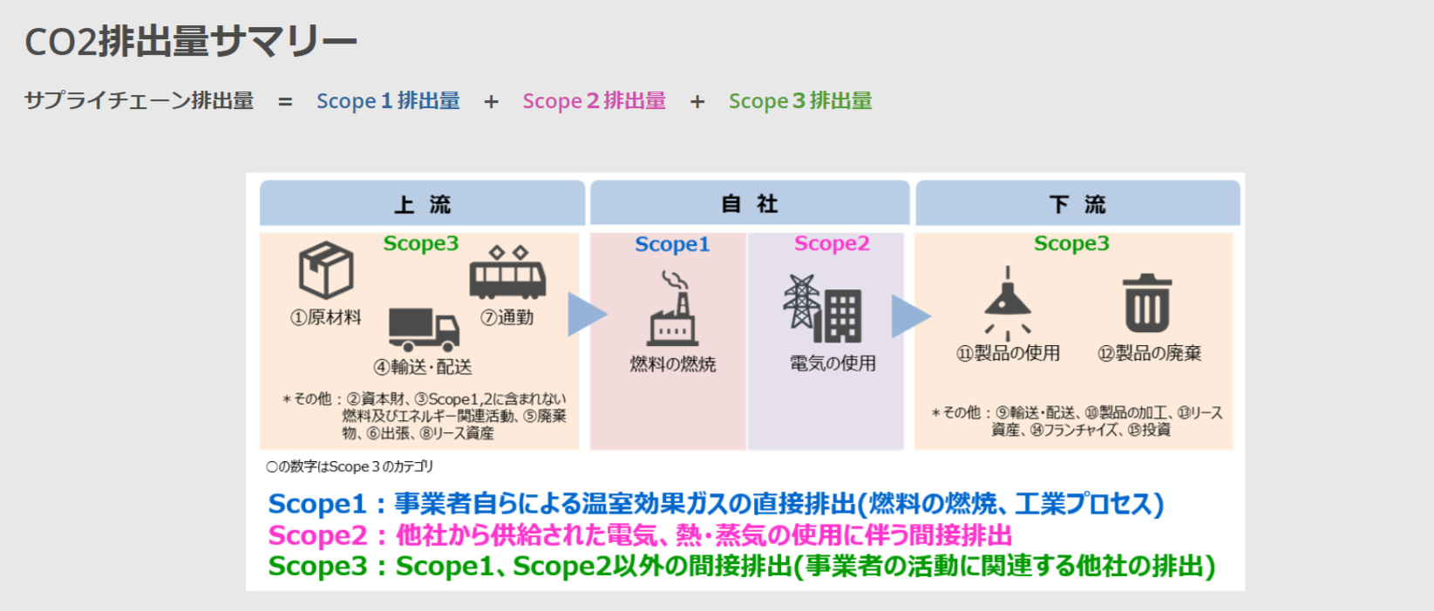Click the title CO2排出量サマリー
point(190,41)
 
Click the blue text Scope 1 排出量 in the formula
point(388,101)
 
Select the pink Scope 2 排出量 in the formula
point(594,101)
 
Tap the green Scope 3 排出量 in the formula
point(800,101)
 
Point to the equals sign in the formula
point(285,102)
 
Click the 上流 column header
point(422,204)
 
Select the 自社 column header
point(750,204)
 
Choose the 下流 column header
point(1077,204)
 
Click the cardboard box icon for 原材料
point(326,270)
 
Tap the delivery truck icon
point(424,329)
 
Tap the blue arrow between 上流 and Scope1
point(586,314)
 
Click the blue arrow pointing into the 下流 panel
point(909,316)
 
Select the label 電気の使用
point(833,363)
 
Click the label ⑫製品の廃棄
point(1149,353)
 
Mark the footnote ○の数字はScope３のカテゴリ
point(350,467)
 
